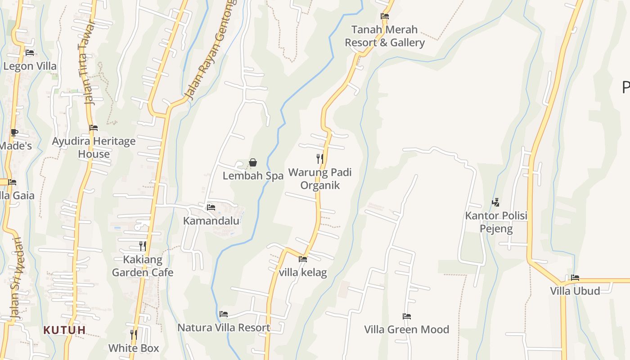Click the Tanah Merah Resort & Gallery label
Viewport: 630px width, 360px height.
pyautogui.click(x=384, y=36)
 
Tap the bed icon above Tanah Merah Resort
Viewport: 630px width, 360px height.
pyautogui.click(x=385, y=16)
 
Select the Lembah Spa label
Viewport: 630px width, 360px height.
pyautogui.click(x=253, y=176)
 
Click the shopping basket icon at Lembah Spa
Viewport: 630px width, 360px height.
pyautogui.click(x=253, y=162)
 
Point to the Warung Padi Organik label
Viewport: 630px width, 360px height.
pyautogui.click(x=319, y=179)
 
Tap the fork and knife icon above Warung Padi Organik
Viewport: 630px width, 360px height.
pyautogui.click(x=319, y=158)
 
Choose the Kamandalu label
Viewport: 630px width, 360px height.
pyautogui.click(x=211, y=221)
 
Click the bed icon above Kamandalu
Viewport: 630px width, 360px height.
pyautogui.click(x=211, y=207)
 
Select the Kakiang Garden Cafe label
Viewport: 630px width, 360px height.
pyautogui.click(x=142, y=266)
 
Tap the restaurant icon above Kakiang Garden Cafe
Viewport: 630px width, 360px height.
pyautogui.click(x=142, y=246)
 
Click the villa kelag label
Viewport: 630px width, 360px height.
pyautogui.click(x=303, y=272)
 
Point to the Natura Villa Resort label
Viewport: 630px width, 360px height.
pyautogui.click(x=224, y=328)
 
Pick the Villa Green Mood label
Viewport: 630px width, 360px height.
pyautogui.click(x=406, y=329)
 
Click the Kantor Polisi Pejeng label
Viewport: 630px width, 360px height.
pyautogui.click(x=496, y=222)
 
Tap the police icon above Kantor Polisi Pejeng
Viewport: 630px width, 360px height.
pyautogui.click(x=495, y=202)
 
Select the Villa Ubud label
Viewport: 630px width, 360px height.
pyautogui.click(x=575, y=291)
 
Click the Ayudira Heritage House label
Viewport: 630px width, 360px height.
pyautogui.click(x=94, y=148)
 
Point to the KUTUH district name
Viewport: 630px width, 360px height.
pyautogui.click(x=64, y=330)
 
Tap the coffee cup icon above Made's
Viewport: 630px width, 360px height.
pyautogui.click(x=14, y=132)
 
